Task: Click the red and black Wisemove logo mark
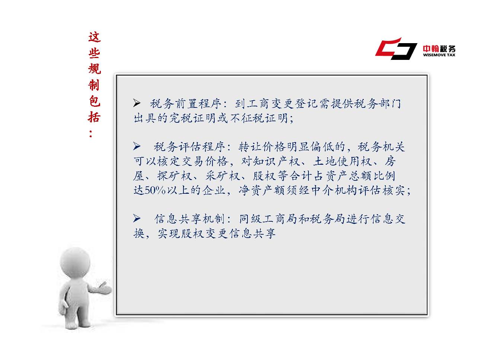[396, 49]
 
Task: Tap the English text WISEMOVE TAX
[439, 55]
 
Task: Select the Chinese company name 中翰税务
[439, 48]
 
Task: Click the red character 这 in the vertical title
[95, 37]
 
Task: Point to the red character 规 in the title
[95, 69]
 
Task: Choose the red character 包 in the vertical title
[95, 101]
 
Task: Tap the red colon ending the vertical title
[91, 134]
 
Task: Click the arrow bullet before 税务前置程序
[137, 103]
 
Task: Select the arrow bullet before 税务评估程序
[137, 146]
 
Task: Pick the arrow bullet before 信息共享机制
[137, 218]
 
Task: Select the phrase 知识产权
[270, 161]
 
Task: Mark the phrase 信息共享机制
[189, 219]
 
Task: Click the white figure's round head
[75, 262]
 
